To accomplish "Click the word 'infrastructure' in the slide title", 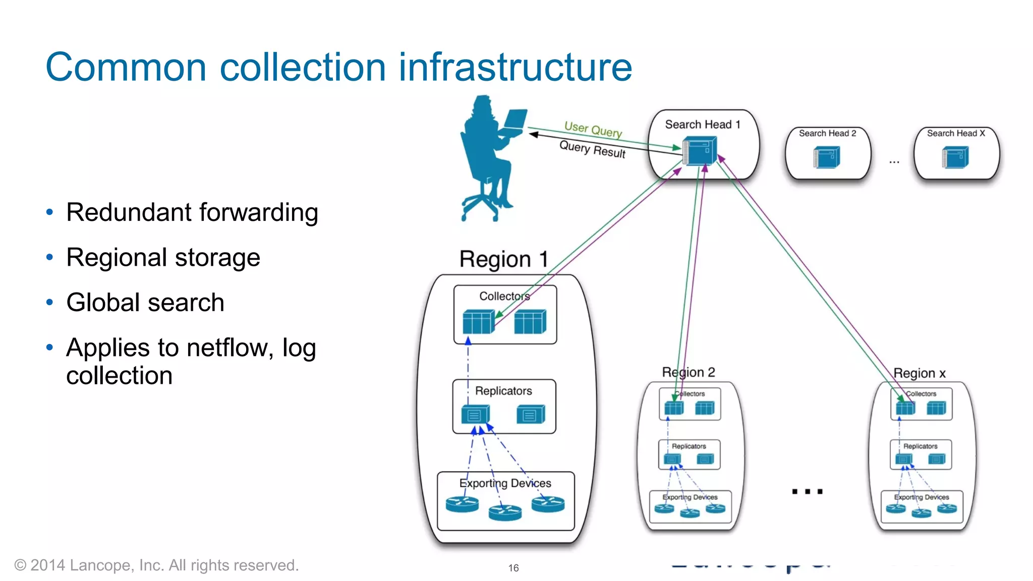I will pyautogui.click(x=515, y=67).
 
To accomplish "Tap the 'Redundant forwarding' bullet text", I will pyautogui.click(x=192, y=212).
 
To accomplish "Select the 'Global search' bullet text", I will pyautogui.click(x=145, y=303).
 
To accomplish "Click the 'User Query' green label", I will pyautogui.click(x=593, y=129).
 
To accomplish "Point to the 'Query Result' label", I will pyautogui.click(x=592, y=149).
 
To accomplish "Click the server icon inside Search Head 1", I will pyautogui.click(x=700, y=151).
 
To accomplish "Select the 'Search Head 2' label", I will pyautogui.click(x=827, y=134).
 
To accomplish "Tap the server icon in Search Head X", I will pyautogui.click(x=955, y=157).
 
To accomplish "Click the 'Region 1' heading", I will pyautogui.click(x=503, y=259).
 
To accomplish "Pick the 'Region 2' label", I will pyautogui.click(x=688, y=373).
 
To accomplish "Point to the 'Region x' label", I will pyautogui.click(x=919, y=373).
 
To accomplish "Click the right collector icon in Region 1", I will pyautogui.click(x=530, y=322).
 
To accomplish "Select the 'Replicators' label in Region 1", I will pyautogui.click(x=503, y=391).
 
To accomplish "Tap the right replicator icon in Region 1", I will pyautogui.click(x=531, y=414).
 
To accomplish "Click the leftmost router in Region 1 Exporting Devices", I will pyautogui.click(x=462, y=504).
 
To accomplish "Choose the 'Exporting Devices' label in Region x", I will pyautogui.click(x=921, y=497).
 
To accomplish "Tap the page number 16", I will pyautogui.click(x=513, y=568).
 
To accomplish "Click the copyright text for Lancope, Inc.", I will pyautogui.click(x=156, y=565).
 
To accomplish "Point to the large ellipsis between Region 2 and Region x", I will pyautogui.click(x=807, y=491).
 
